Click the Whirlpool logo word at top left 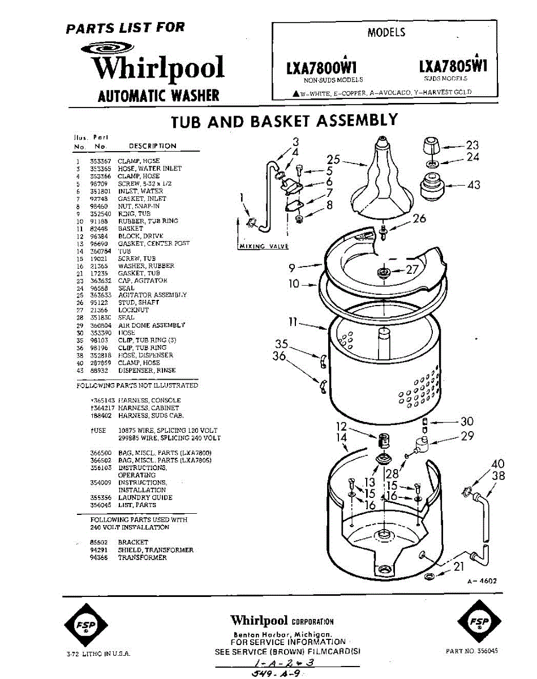pos(158,68)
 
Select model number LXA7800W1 pos(324,67)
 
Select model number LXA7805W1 pos(453,66)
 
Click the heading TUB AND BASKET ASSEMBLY pos(285,121)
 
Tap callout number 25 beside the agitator pos(333,160)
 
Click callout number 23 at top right pos(472,145)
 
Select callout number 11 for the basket pos(293,322)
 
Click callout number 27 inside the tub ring pos(411,269)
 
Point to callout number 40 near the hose pos(497,464)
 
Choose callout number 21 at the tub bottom pos(458,566)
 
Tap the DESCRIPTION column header pos(152,146)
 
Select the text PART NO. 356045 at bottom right pos(472,651)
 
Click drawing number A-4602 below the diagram pos(482,581)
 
